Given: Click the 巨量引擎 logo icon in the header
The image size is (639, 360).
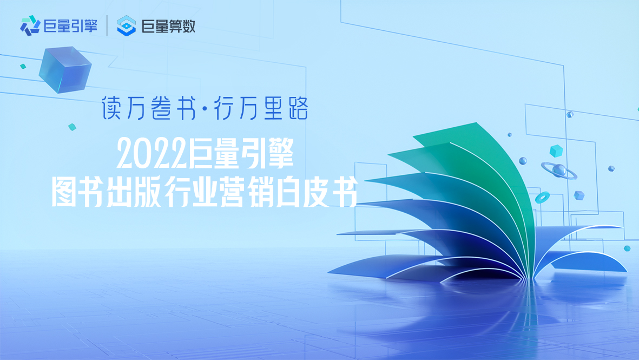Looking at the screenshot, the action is pos(30,25).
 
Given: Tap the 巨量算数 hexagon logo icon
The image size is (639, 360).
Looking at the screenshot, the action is pos(126,25).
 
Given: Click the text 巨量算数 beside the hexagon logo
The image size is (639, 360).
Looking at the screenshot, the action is pos(168,27).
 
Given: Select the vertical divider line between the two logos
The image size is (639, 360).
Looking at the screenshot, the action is pos(107,25).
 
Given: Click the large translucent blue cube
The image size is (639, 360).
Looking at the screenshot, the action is pos(65,69).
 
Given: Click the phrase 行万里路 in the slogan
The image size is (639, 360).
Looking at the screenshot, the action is pos(261,108).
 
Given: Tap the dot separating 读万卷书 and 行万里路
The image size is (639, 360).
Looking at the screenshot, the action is pos(205,108).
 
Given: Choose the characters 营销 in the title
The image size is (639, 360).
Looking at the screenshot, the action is pos(246,192).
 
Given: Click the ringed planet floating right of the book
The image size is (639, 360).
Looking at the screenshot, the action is pos(559,171).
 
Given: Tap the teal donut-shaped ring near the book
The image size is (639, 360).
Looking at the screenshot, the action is pos(542,198).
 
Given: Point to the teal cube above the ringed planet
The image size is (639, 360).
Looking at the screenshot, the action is pos(556,151).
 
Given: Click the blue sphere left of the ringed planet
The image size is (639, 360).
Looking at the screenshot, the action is pos(523,161).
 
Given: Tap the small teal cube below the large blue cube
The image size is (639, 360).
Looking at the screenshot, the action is pos(72,127).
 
